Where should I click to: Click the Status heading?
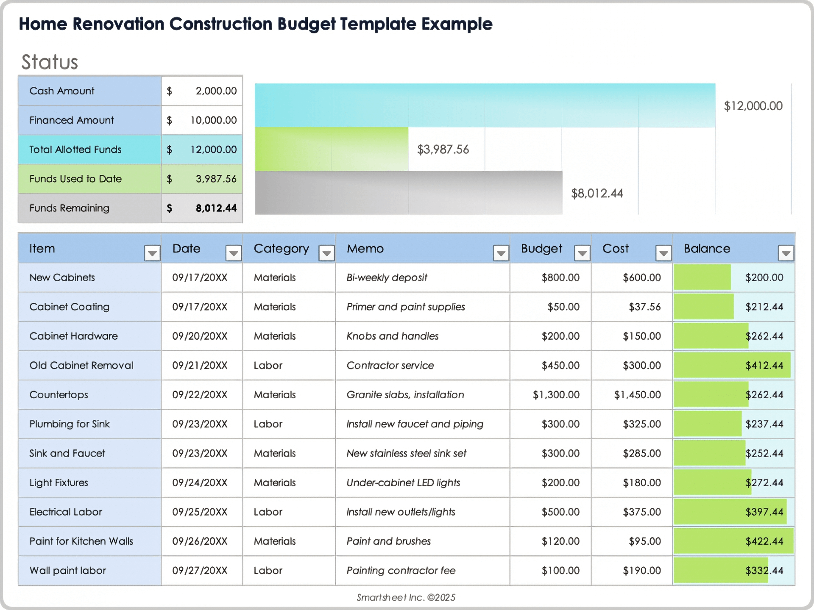(50, 62)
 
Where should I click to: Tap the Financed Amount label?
(71, 120)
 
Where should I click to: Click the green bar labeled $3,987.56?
(332, 149)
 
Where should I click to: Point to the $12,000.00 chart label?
(753, 106)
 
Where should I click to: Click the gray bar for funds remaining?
(408, 193)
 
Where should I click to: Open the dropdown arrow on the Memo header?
(501, 253)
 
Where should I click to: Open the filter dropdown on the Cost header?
(663, 253)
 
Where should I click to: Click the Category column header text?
(281, 249)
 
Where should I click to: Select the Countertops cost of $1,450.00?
(637, 395)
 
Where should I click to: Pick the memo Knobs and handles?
(392, 336)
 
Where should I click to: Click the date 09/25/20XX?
(200, 512)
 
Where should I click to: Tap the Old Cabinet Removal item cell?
(81, 366)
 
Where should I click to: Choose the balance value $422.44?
(764, 541)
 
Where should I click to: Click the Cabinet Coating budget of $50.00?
(563, 307)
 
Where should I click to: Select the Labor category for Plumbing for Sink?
(268, 424)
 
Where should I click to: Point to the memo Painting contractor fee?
(401, 571)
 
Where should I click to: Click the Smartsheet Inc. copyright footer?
(406, 597)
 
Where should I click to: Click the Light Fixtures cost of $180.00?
(641, 483)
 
